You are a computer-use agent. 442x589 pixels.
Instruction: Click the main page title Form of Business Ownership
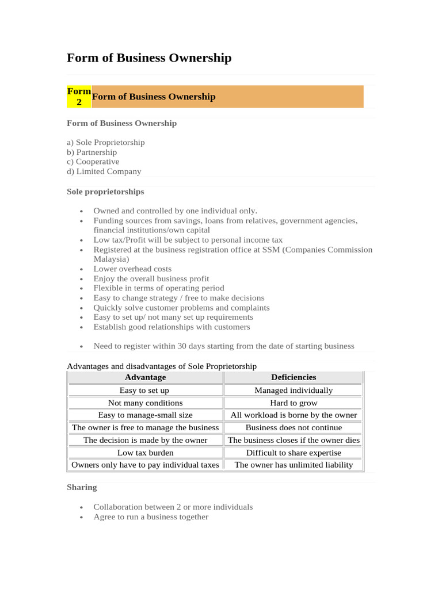pos(149,58)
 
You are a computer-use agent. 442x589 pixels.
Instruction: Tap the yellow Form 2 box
pos(79,97)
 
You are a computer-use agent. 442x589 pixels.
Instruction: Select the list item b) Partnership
pos(92,152)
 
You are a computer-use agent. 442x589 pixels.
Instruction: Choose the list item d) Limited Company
pos(104,171)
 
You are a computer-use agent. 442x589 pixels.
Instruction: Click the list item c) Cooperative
pos(93,162)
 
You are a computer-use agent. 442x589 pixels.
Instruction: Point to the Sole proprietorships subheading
pos(105,192)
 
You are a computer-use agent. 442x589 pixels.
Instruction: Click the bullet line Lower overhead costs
pos(132,269)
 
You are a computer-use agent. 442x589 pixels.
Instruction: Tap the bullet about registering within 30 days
pos(224,346)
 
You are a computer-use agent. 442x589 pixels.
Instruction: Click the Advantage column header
pos(145,377)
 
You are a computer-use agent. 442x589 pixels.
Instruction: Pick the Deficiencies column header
pos(294,377)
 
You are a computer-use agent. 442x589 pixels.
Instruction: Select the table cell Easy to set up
pos(144,391)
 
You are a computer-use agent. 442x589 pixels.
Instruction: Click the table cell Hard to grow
pos(294,403)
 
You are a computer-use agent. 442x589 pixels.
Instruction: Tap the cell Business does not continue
pos(294,427)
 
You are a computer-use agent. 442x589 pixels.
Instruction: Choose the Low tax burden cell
pos(145,453)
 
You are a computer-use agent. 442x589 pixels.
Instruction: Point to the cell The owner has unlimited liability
pos(294,465)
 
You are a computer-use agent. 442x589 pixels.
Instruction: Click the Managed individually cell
pos(294,391)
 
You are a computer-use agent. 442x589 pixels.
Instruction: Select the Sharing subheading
pos(82,487)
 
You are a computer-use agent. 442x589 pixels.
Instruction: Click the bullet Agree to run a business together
pos(151,517)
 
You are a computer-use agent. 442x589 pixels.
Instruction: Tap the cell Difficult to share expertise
pos(294,453)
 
